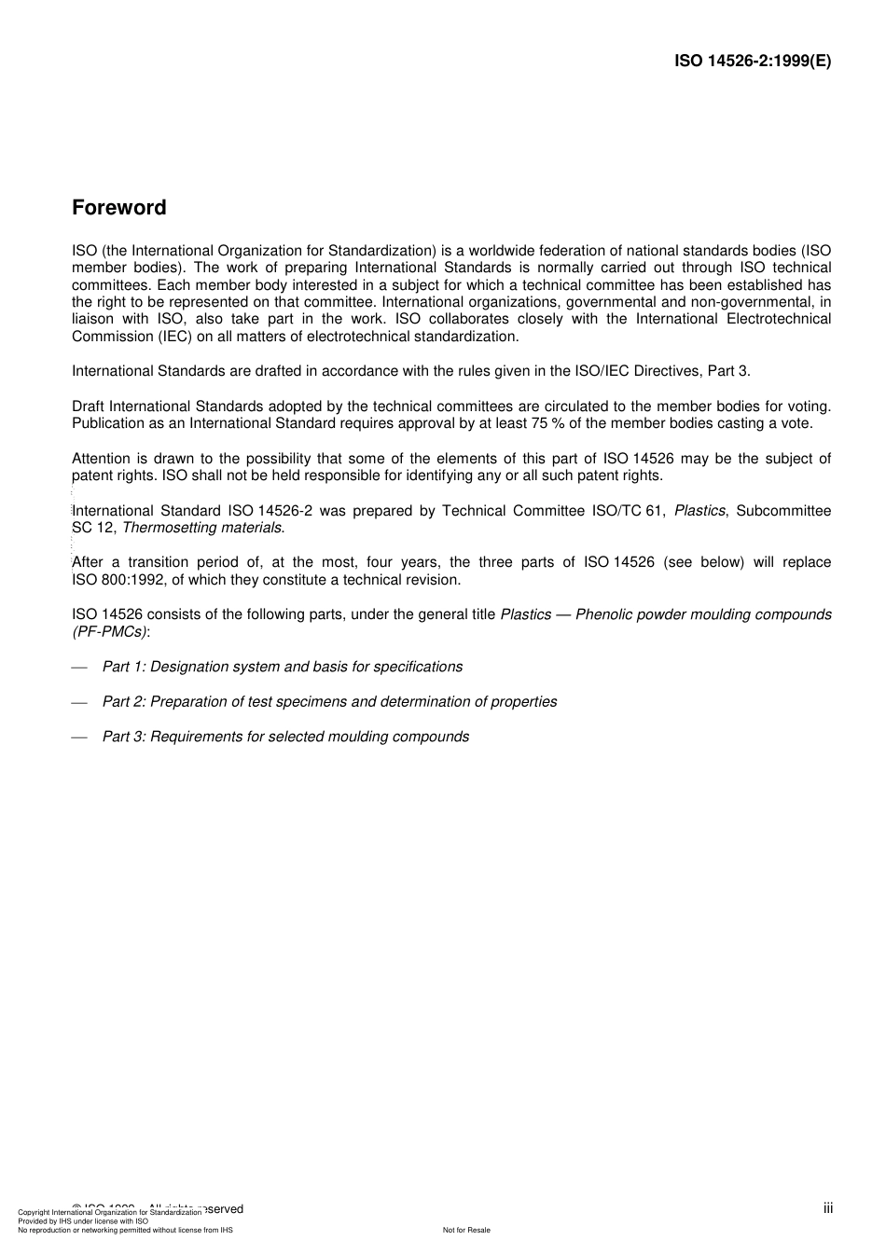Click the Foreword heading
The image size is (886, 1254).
pyautogui.click(x=119, y=208)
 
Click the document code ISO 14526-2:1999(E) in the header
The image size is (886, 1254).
pyautogui.click(x=753, y=62)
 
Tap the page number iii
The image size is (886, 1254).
pyautogui.click(x=828, y=1208)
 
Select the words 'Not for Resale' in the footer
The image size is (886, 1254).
pyautogui.click(x=466, y=1230)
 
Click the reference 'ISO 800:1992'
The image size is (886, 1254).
pyautogui.click(x=118, y=580)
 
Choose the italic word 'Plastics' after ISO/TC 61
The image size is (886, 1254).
pyautogui.click(x=699, y=511)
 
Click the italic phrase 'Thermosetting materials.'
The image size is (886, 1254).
pyautogui.click(x=203, y=528)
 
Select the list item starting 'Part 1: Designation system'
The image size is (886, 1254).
pyautogui.click(x=282, y=667)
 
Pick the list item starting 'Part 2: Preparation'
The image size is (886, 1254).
pyautogui.click(x=329, y=701)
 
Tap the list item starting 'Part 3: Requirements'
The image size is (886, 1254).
pyautogui.click(x=285, y=737)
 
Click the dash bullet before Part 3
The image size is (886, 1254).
pyautogui.click(x=79, y=737)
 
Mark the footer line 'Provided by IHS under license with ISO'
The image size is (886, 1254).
pyautogui.click(x=83, y=1220)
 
